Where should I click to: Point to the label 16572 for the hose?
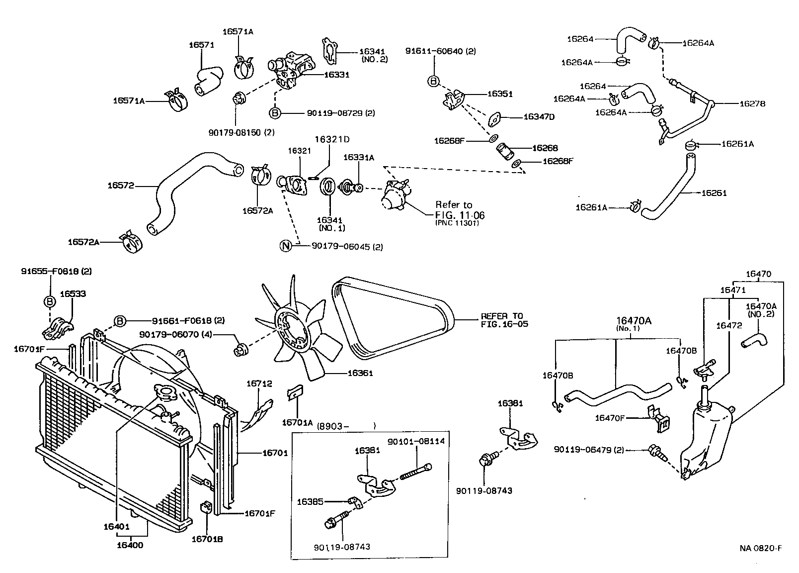click(121, 186)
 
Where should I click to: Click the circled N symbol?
click(286, 246)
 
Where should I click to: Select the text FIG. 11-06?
click(460, 215)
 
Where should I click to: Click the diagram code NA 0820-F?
click(760, 549)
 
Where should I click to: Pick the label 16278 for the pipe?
click(752, 104)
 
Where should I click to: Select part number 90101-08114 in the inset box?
click(416, 441)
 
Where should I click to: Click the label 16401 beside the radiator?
click(117, 526)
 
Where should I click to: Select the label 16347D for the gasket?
click(539, 117)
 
